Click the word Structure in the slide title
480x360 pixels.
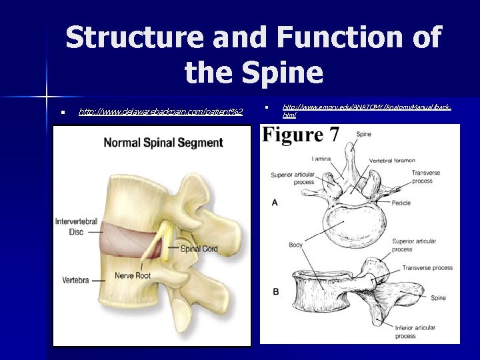pyautogui.click(x=137, y=37)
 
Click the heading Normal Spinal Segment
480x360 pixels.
pyautogui.click(x=163, y=142)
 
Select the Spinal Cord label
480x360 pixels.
pyautogui.click(x=200, y=249)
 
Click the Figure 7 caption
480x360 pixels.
pyautogui.click(x=301, y=135)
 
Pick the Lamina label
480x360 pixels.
pyautogui.click(x=323, y=159)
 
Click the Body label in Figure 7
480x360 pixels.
pyautogui.click(x=296, y=245)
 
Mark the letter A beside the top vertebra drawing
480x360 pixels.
pyautogui.click(x=275, y=202)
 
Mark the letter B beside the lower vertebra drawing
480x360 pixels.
pyautogui.click(x=275, y=292)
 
